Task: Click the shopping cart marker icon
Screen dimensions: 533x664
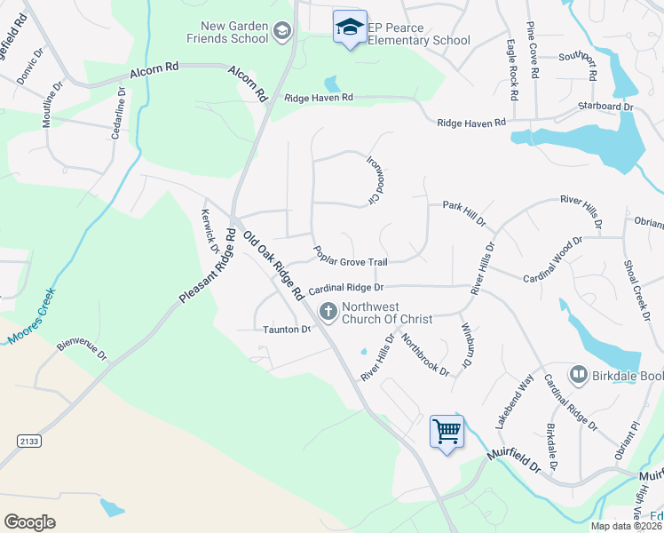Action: [447, 432]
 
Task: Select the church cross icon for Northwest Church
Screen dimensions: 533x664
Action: [328, 311]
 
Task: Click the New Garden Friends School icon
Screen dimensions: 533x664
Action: [282, 33]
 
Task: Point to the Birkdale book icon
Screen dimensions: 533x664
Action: [579, 376]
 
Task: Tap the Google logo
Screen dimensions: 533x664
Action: [29, 521]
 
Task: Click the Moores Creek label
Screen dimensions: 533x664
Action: [32, 315]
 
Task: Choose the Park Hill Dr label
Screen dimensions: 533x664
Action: [464, 205]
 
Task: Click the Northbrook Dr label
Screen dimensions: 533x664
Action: [425, 354]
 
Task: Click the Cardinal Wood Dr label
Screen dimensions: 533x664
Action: [552, 259]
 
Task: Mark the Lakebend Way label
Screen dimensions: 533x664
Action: [515, 402]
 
